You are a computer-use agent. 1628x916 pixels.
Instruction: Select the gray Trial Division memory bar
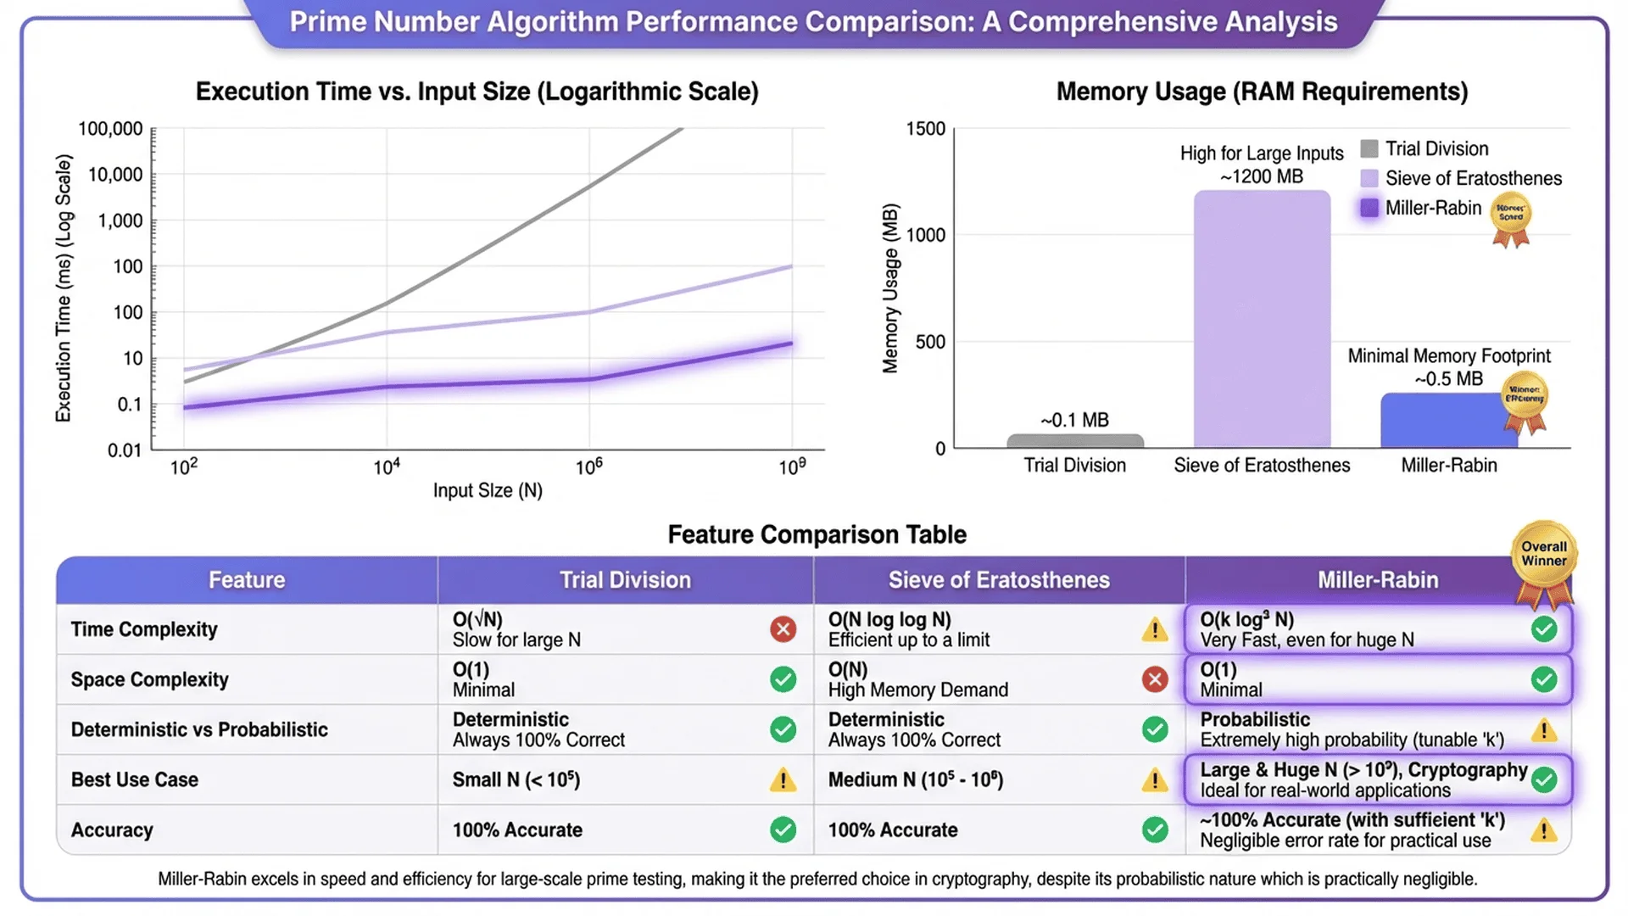pyautogui.click(x=1074, y=441)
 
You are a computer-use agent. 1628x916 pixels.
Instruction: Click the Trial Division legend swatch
pyautogui.click(x=1369, y=149)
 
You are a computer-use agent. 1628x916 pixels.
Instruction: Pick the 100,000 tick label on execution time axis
pyautogui.click(x=110, y=129)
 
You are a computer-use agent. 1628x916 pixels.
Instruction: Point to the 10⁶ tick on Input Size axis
pyautogui.click(x=589, y=466)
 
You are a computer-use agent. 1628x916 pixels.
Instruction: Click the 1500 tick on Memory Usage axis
pyautogui.click(x=925, y=129)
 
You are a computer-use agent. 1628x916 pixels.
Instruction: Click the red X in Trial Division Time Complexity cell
pyautogui.click(x=783, y=629)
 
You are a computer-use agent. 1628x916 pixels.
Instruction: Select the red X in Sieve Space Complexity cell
pyautogui.click(x=1154, y=679)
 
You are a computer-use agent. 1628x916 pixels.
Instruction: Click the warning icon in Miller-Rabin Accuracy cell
pyautogui.click(x=1543, y=830)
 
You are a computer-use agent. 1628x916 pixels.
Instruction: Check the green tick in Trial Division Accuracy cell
pyautogui.click(x=783, y=829)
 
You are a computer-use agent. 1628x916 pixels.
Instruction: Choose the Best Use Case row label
pyautogui.click(x=135, y=779)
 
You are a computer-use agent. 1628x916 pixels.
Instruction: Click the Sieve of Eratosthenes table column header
pyautogui.click(x=999, y=580)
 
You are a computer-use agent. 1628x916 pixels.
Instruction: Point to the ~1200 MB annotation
pyautogui.click(x=1261, y=176)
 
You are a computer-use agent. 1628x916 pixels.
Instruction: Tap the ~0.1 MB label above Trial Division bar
pyautogui.click(x=1074, y=420)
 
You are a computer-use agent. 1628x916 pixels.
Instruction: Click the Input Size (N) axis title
pyautogui.click(x=488, y=490)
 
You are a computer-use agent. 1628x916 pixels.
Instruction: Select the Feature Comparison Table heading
pyautogui.click(x=817, y=534)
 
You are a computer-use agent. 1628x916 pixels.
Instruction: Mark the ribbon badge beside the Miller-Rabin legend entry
pyautogui.click(x=1511, y=219)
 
